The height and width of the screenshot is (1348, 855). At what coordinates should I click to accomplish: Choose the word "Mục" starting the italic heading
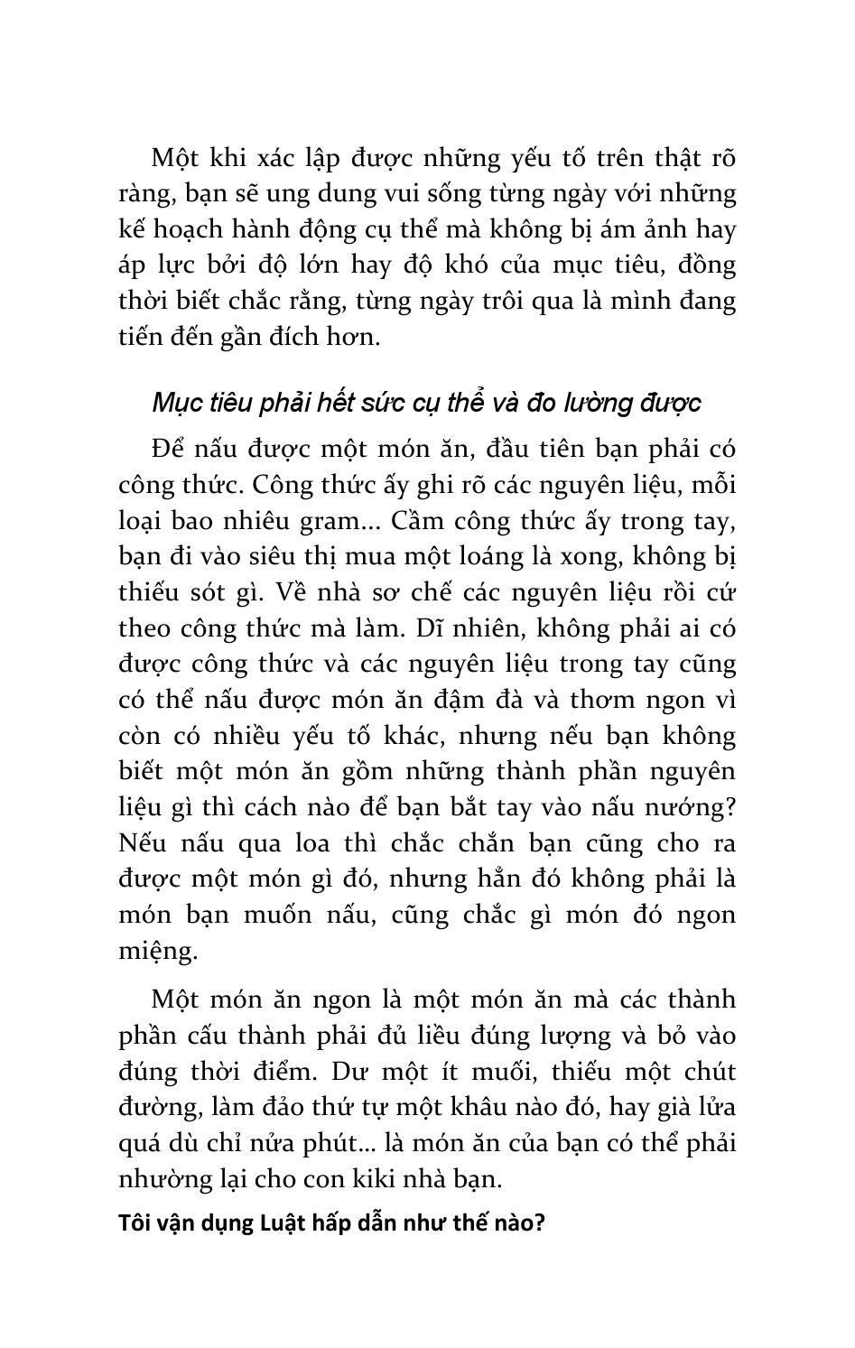176,403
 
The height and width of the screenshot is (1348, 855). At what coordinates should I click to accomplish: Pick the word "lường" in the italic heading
583,403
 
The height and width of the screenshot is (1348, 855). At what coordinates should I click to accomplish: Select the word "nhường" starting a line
153,1179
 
